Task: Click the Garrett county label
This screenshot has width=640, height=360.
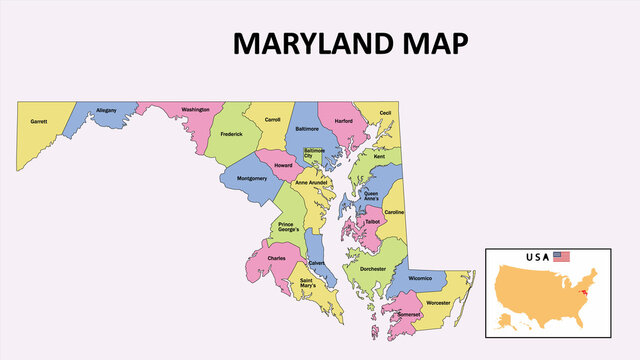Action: [39, 121]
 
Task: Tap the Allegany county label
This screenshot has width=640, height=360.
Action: [106, 110]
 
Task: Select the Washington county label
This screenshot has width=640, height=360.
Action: [195, 109]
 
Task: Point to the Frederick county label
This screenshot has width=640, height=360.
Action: [231, 133]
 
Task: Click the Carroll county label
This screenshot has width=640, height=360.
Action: [272, 119]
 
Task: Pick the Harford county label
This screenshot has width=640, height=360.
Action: [344, 121]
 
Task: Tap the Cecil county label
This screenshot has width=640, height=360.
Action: [385, 114]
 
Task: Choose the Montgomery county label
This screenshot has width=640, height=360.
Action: [251, 179]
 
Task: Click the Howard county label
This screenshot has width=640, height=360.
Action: [283, 165]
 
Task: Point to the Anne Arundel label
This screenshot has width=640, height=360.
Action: [312, 183]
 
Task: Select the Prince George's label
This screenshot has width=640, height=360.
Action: [288, 227]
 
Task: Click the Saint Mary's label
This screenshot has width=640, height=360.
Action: [308, 284]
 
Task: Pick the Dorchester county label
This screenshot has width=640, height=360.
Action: [372, 269]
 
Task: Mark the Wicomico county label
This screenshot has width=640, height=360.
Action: [420, 278]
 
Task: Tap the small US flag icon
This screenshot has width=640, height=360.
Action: [561, 257]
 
